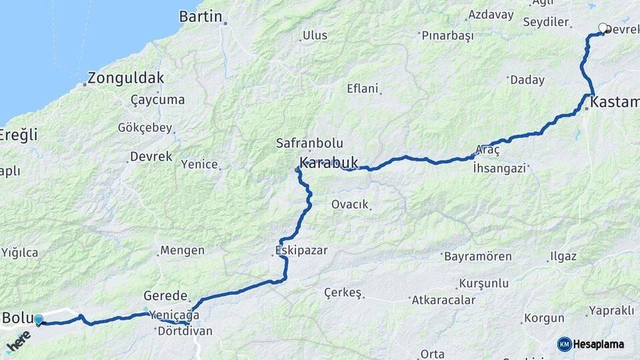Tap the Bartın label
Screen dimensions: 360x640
click(x=200, y=17)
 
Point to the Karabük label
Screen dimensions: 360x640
click(x=329, y=162)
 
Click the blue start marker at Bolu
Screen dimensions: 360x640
click(x=39, y=320)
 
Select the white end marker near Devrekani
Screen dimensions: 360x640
click(x=603, y=28)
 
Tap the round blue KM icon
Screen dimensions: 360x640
click(x=564, y=344)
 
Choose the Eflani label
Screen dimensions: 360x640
click(x=363, y=88)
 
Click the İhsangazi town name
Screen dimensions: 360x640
click(x=499, y=168)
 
